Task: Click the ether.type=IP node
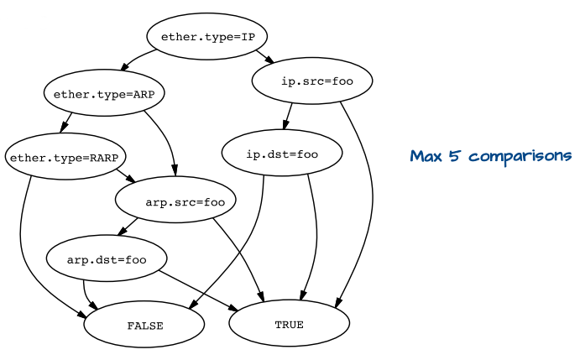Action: pyautogui.click(x=206, y=37)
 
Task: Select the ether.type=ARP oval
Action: pyautogui.click(x=104, y=94)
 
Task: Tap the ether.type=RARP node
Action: pyautogui.click(x=65, y=156)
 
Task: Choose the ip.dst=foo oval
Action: pyautogui.click(x=282, y=154)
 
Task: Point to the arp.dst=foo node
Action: pyautogui.click(x=107, y=259)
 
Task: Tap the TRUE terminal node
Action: pyautogui.click(x=289, y=324)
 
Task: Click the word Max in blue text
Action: pyautogui.click(x=426, y=156)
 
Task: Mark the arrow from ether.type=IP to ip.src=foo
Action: pyautogui.click(x=266, y=57)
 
